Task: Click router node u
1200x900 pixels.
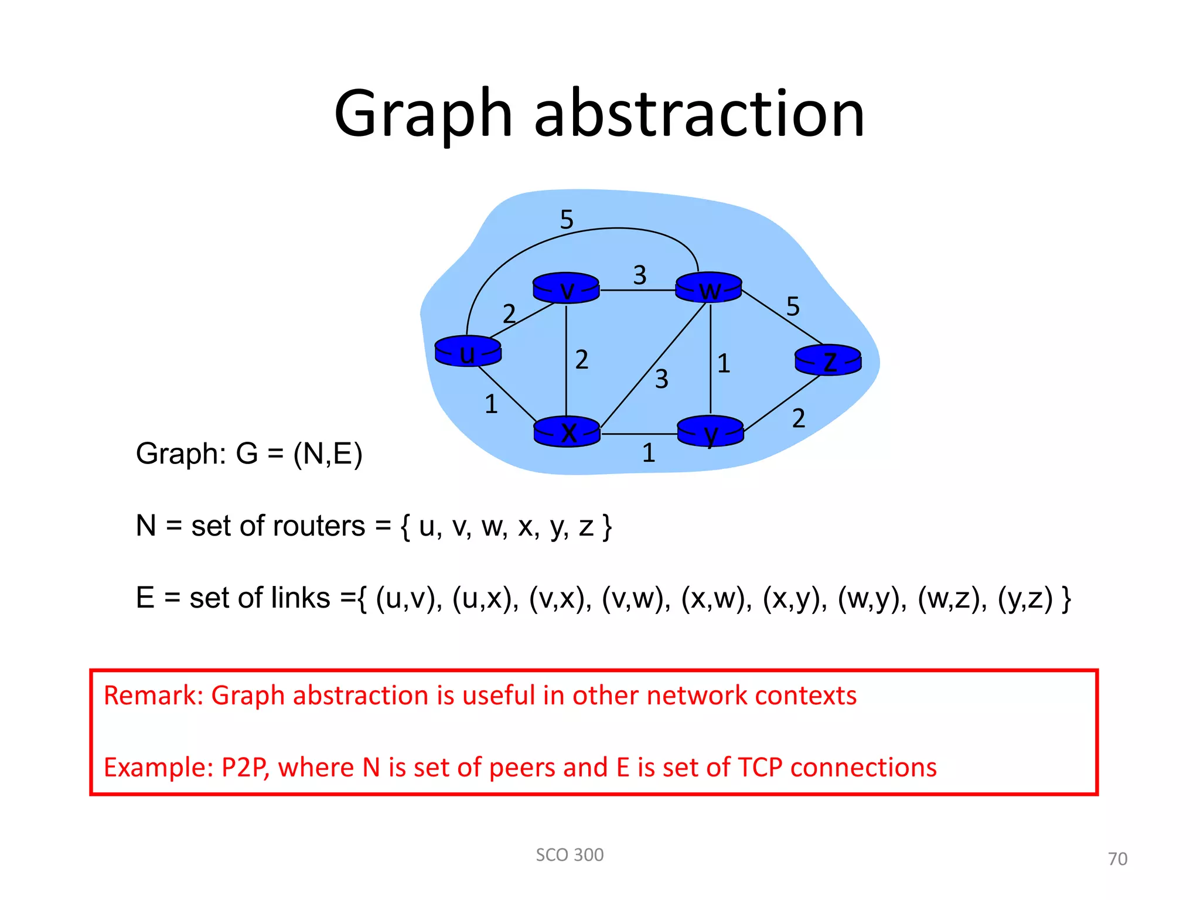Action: [x=468, y=352]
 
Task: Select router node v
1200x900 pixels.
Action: [x=566, y=288]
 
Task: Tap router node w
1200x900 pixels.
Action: [x=709, y=288]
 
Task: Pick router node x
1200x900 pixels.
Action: [x=567, y=432]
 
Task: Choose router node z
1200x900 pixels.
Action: [x=828, y=360]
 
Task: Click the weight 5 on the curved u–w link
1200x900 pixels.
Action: [x=567, y=220]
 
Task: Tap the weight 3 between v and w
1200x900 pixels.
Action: [x=640, y=275]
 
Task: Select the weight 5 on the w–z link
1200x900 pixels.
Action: [x=793, y=306]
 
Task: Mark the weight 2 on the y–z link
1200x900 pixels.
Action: [x=799, y=418]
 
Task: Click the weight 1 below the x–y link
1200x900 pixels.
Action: [x=649, y=453]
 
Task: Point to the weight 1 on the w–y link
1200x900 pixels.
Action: [x=724, y=363]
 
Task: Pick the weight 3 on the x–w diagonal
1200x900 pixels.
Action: [x=662, y=379]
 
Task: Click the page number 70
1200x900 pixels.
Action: [x=1117, y=859]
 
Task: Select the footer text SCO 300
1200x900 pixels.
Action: [x=570, y=855]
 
